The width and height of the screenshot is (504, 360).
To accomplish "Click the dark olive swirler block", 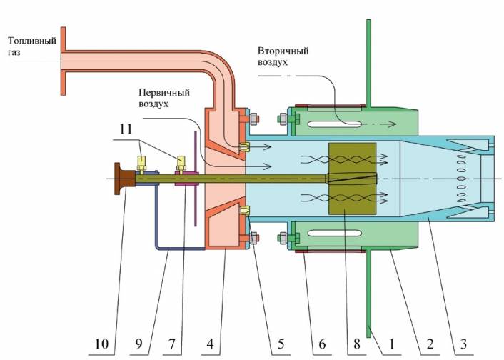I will click(351, 179).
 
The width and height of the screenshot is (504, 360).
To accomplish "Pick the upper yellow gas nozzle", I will click(245, 147).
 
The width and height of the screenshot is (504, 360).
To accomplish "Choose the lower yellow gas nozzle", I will click(245, 211).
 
